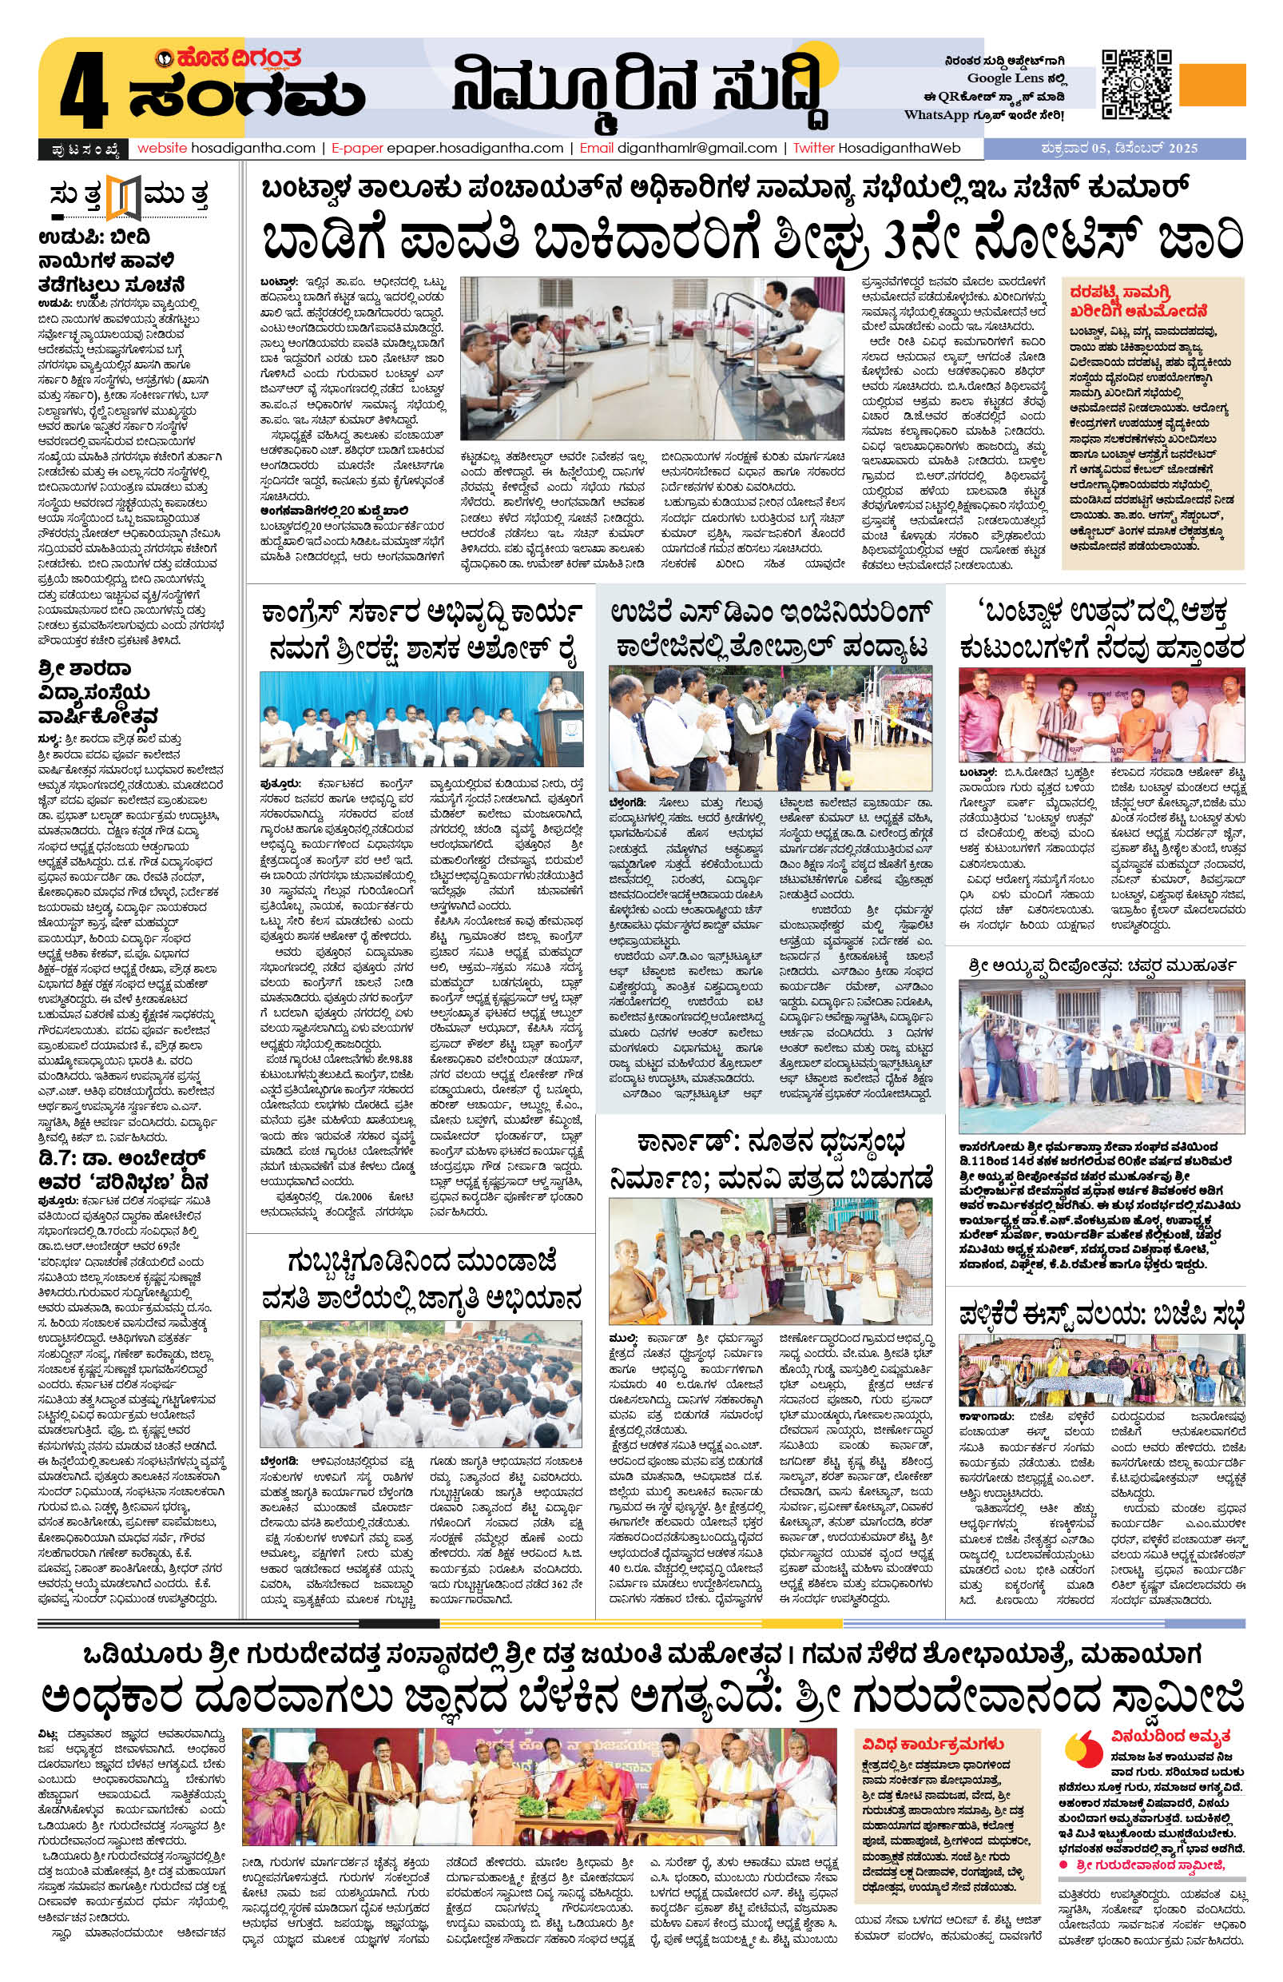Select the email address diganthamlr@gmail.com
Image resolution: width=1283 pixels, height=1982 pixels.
tap(696, 148)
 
